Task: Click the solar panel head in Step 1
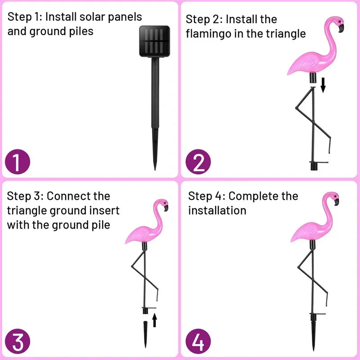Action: pos(155,40)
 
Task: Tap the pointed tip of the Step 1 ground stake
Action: pos(155,167)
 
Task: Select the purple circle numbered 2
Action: pos(198,163)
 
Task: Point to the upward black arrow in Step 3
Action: pos(154,320)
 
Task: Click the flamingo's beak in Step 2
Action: pos(341,28)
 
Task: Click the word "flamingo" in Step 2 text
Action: pos(213,34)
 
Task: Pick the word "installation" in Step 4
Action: pos(217,211)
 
